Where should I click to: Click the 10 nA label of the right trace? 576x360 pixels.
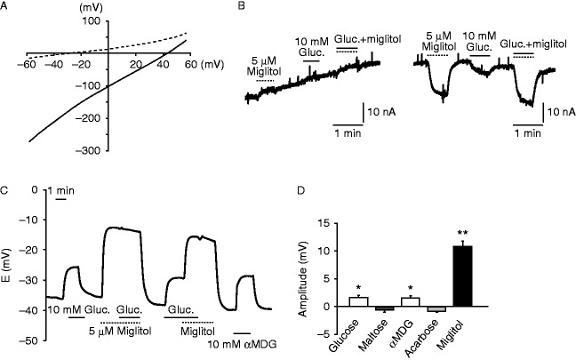point(557,113)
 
